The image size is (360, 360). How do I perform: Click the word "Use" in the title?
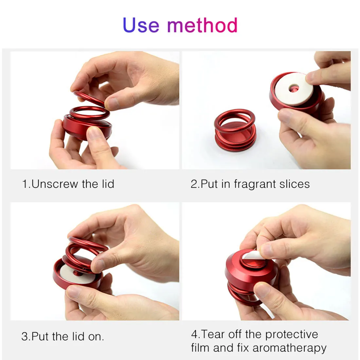[x=141, y=26]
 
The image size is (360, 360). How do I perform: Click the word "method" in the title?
[x=202, y=26]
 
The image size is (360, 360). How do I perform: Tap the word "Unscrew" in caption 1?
[x=55, y=184]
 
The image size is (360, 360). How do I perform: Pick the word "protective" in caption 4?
[x=291, y=334]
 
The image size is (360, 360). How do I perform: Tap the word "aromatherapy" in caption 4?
[x=289, y=348]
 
